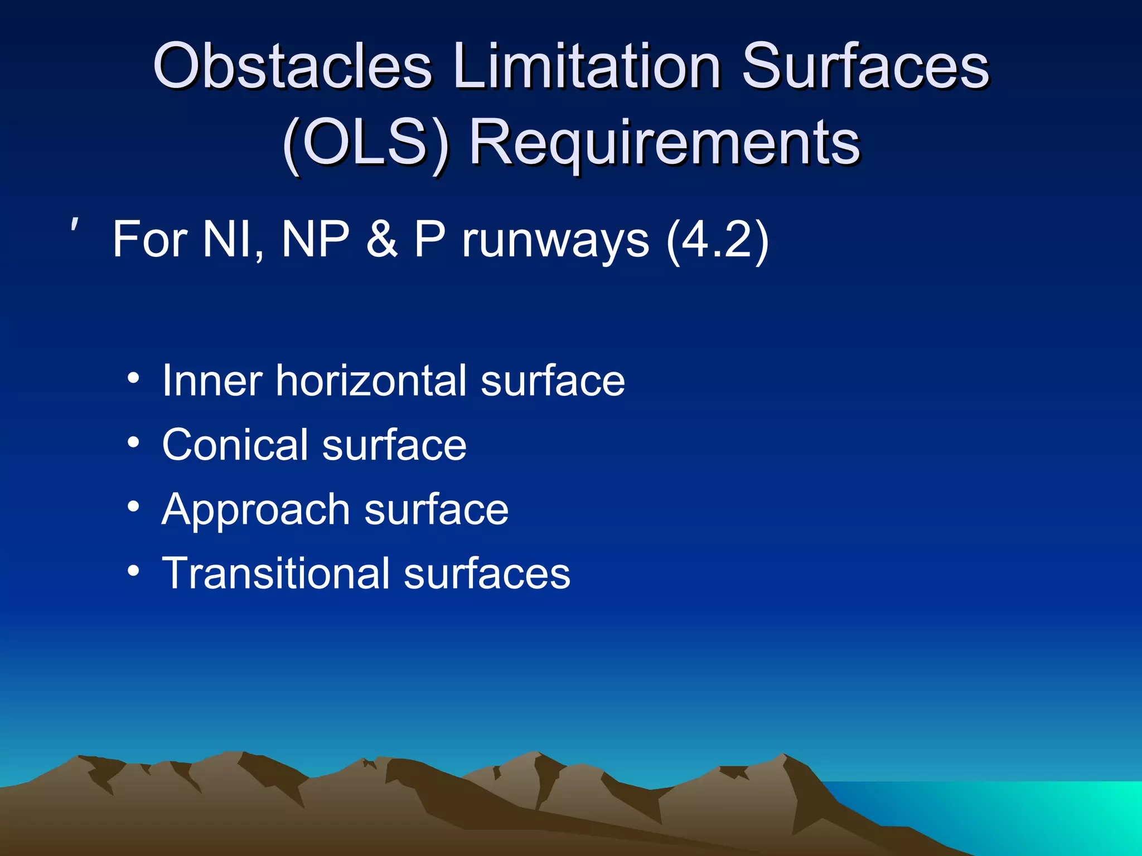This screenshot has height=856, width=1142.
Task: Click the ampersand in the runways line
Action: tap(383, 240)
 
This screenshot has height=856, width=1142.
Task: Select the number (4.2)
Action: tap(717, 240)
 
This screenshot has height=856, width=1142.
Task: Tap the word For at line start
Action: tap(150, 240)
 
